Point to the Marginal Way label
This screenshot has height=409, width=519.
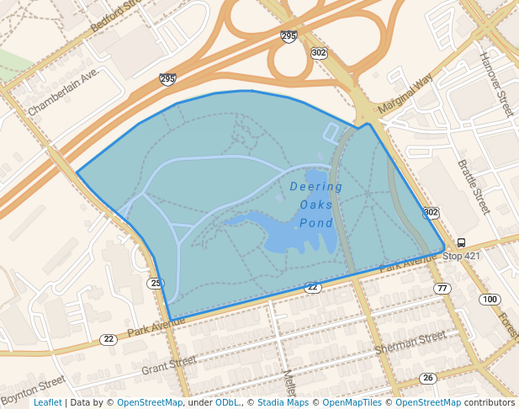pos(405,93)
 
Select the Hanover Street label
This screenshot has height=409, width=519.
pos(495,84)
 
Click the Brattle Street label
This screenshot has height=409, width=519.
pos(473,187)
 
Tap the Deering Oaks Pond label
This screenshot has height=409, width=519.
pos(316,204)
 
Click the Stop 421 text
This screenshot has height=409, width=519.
pos(461,256)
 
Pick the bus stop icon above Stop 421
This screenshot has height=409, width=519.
pos(461,242)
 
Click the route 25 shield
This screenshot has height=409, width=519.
pos(156,283)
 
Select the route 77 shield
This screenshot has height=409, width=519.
pos(442,289)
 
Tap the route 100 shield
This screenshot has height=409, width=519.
pos(490,300)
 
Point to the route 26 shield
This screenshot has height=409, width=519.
pos(428,378)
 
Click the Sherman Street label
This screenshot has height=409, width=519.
pos(410,342)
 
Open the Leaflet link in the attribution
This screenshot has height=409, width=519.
pos(47,403)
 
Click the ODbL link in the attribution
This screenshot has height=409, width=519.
pos(227,403)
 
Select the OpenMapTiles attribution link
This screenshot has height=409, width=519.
pos(352,403)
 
